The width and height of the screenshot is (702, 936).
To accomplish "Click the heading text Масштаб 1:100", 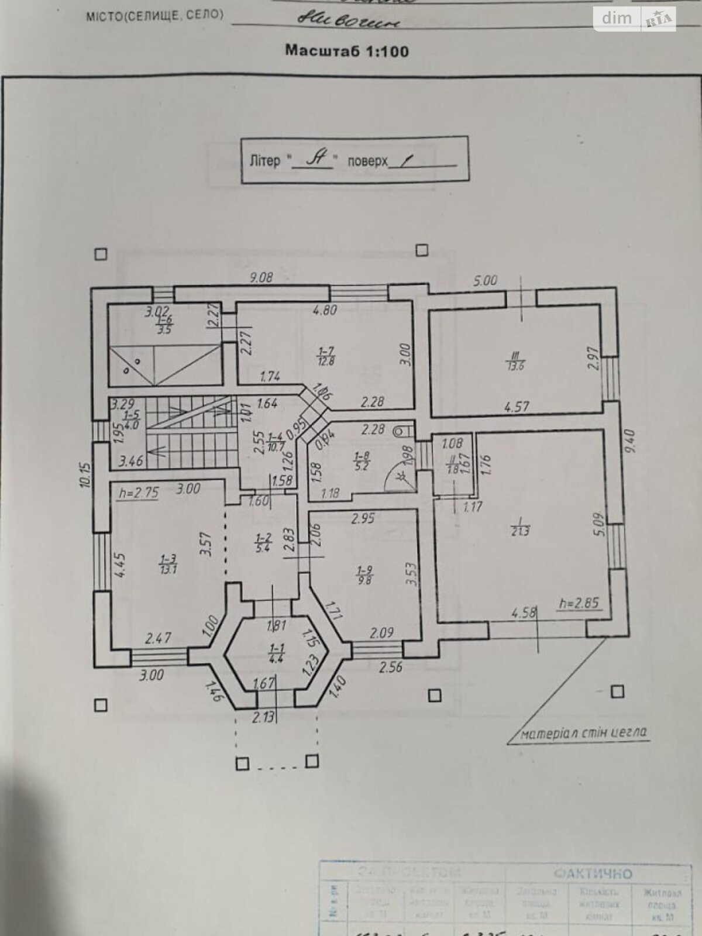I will point(346,50).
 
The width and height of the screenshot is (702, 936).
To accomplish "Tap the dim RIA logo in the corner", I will point(634,19).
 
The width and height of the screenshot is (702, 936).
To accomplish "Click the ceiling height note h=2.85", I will point(578,603).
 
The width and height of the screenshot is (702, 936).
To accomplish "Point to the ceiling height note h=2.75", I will point(138,493).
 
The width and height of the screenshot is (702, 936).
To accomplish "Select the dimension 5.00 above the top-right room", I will point(485,281).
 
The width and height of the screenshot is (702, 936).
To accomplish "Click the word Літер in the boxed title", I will point(264,161).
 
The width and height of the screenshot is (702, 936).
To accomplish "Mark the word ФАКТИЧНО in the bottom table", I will point(593,873).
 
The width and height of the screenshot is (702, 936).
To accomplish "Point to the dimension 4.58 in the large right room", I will point(524,613).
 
